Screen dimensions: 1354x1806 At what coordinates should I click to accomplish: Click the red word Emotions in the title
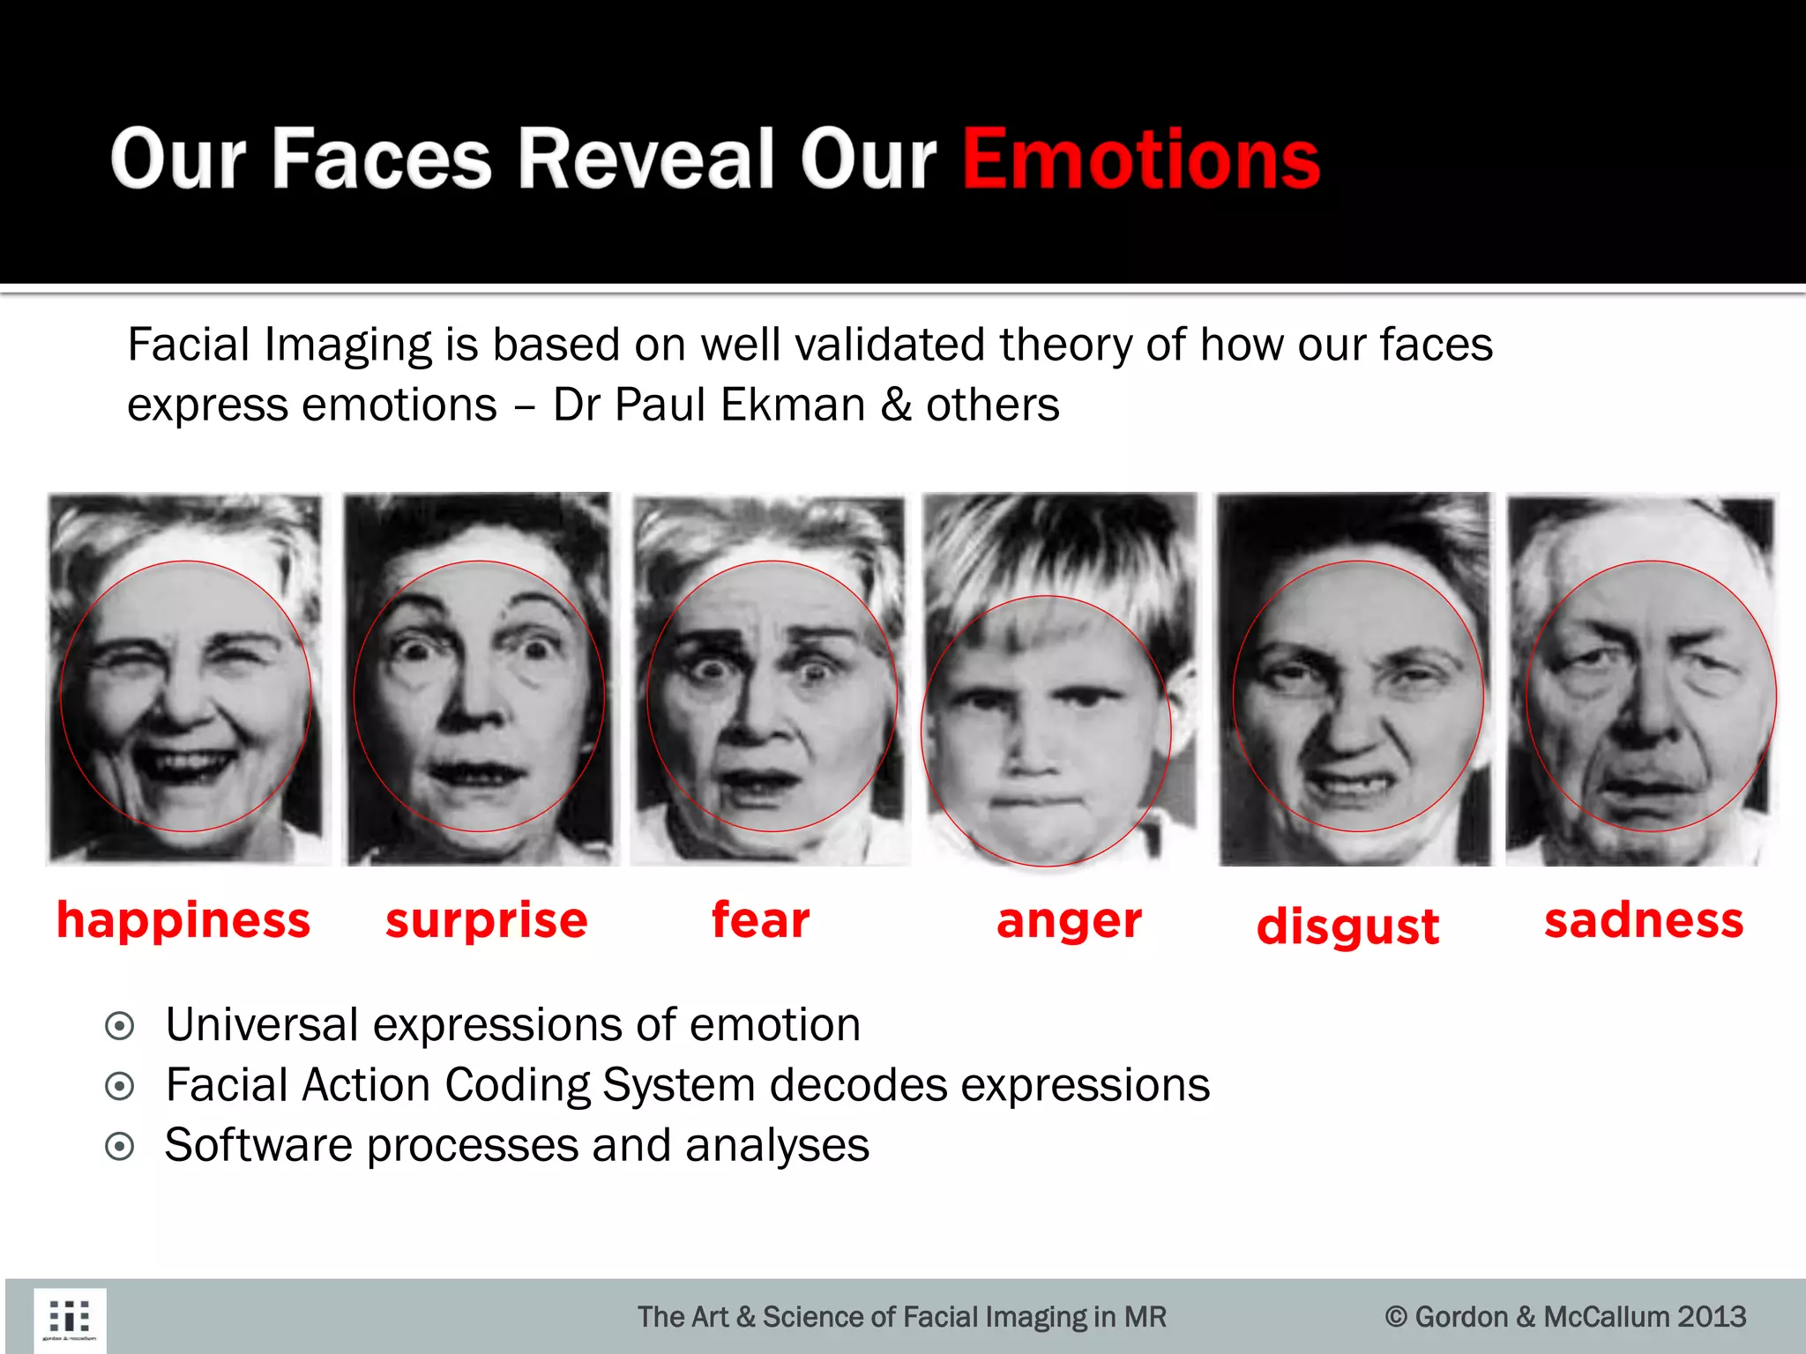pyautogui.click(x=1140, y=160)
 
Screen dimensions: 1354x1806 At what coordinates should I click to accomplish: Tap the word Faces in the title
pyautogui.click(x=382, y=160)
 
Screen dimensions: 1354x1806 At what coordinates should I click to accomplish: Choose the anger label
pyautogui.click(x=1069, y=921)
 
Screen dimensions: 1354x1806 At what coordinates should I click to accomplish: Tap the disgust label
pyautogui.click(x=1347, y=926)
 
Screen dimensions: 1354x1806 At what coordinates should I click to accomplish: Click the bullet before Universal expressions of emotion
pyautogui.click(x=119, y=1026)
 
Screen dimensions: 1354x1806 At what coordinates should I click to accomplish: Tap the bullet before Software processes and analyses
pyautogui.click(x=119, y=1146)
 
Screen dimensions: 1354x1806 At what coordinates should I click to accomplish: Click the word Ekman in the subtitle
pyautogui.click(x=791, y=405)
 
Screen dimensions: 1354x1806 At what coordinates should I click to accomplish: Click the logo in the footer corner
pyautogui.click(x=70, y=1320)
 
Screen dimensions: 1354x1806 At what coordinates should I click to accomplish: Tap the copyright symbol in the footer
pyautogui.click(x=1395, y=1317)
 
